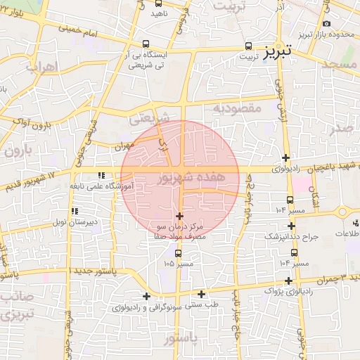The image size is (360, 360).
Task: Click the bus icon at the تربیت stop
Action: pyautogui.click(x=248, y=46)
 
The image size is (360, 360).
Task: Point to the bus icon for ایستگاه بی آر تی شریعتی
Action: pyautogui.click(x=146, y=44)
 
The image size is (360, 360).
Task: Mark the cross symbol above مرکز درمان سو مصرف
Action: pyautogui.click(x=179, y=216)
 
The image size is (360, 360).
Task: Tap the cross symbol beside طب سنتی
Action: pyautogui.click(x=202, y=294)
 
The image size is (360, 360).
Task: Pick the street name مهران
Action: pyautogui.click(x=122, y=145)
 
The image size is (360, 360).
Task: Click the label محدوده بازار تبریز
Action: pyautogui.click(x=319, y=33)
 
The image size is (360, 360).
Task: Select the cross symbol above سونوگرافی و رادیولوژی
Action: pyautogui.click(x=146, y=296)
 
